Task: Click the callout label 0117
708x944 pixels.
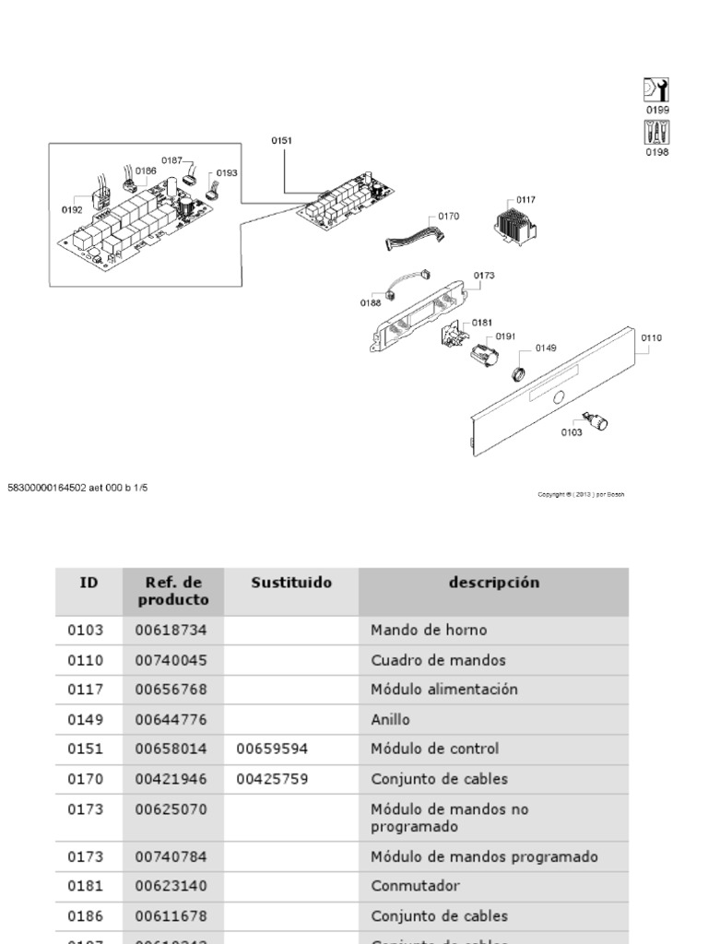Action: pos(526,200)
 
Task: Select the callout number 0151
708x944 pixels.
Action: pos(281,140)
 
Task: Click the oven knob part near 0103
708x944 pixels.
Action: pos(599,423)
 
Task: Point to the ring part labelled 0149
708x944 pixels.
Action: pos(519,373)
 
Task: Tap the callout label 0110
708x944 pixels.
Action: pos(651,338)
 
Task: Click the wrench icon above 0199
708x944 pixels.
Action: pos(655,89)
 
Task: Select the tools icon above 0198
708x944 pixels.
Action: pos(655,132)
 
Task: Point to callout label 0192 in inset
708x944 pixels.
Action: pos(72,209)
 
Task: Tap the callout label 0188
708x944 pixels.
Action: pos(371,301)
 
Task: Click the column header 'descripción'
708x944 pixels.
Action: pos(494,583)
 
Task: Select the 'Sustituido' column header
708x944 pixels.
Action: pos(291,583)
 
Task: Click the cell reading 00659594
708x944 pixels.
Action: pos(272,749)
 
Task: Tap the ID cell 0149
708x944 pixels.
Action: pos(86,719)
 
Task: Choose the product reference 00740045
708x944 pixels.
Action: pos(171,660)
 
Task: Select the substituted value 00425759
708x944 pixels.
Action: pos(272,779)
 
